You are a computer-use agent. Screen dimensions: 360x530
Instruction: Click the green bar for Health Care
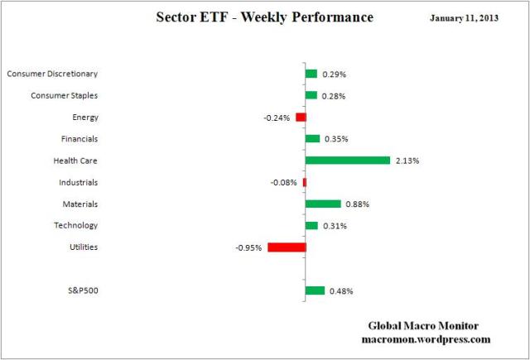[347, 161]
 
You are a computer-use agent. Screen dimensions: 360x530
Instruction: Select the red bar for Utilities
[287, 247]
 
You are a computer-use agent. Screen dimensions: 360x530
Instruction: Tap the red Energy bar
[301, 118]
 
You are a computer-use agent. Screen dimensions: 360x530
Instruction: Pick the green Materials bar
[323, 204]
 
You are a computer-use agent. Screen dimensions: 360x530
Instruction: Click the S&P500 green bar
[315, 290]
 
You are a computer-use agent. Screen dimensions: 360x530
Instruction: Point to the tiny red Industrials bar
[304, 182]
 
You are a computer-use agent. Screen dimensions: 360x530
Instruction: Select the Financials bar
[312, 139]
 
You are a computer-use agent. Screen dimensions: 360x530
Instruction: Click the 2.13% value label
[407, 161]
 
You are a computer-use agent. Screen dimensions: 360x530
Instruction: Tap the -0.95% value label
[249, 247]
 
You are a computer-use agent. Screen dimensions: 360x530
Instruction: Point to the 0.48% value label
[342, 291]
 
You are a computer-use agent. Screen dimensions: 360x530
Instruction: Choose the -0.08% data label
[284, 182]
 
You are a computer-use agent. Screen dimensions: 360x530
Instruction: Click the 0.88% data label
[357, 204]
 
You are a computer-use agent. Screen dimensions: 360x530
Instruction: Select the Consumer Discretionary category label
[52, 74]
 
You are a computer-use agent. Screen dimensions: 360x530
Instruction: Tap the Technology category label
[75, 225]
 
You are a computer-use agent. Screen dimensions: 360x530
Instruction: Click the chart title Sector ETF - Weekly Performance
[264, 17]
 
